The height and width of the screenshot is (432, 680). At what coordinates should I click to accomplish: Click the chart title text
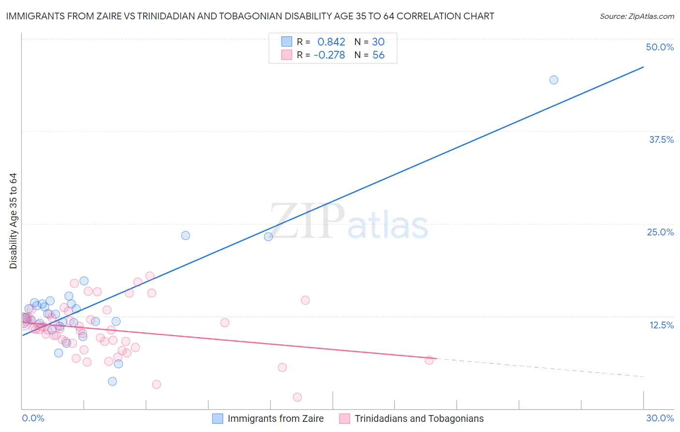[250, 16]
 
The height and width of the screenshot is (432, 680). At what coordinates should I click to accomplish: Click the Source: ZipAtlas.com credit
[636, 16]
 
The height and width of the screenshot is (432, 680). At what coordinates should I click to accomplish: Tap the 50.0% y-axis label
[660, 47]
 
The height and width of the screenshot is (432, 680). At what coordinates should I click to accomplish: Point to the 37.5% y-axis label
[661, 139]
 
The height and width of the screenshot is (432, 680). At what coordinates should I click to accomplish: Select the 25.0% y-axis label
[660, 232]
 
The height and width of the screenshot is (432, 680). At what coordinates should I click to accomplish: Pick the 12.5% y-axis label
[661, 325]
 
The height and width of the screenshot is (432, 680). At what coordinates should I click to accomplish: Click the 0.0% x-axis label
[33, 418]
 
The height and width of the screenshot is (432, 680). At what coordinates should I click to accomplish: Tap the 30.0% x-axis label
[660, 418]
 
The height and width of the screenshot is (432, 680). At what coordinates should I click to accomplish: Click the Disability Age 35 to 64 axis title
[13, 221]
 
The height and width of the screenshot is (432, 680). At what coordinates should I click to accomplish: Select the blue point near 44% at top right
[554, 80]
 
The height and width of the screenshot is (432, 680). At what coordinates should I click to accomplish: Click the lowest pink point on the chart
[297, 397]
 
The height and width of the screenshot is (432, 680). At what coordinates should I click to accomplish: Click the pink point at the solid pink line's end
[429, 360]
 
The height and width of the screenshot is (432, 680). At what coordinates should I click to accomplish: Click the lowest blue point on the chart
[112, 381]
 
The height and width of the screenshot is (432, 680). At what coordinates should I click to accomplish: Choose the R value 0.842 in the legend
[331, 42]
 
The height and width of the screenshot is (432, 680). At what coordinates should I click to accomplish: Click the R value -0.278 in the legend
[329, 55]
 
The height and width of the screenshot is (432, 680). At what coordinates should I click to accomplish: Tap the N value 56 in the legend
[378, 55]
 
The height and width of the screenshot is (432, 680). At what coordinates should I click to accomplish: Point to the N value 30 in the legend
[378, 42]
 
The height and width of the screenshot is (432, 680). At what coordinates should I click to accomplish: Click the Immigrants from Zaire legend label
[276, 418]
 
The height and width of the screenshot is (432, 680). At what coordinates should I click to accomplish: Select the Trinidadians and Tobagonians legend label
[419, 418]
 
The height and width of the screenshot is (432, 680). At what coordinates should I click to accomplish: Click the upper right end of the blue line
[643, 67]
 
